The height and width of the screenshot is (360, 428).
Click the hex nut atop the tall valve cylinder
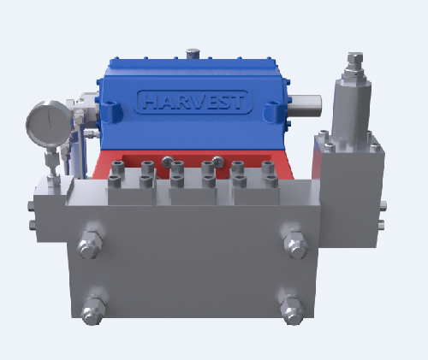point(354,61)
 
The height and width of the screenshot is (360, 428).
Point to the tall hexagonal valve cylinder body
point(351,103)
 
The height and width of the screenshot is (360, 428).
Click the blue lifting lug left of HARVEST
point(112,109)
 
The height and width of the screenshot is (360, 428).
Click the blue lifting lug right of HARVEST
point(272,109)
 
